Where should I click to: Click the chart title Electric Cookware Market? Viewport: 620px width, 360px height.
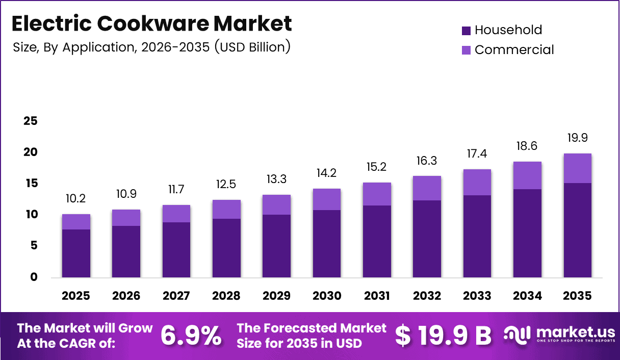[x=151, y=23]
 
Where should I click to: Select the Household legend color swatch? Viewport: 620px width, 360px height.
[x=467, y=31]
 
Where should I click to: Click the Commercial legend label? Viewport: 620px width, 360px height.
[x=514, y=50]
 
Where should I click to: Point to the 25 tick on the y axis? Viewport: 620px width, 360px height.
[x=31, y=121]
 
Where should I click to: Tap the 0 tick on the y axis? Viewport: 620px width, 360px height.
[x=34, y=277]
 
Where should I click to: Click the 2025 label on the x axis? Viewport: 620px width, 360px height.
[x=76, y=296]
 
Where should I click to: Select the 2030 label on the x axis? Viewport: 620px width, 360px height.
[x=326, y=296]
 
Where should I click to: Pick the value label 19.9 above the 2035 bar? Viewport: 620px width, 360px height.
[x=578, y=138]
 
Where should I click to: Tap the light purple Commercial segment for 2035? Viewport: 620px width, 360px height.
[x=578, y=168]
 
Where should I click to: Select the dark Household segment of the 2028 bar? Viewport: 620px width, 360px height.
[x=226, y=248]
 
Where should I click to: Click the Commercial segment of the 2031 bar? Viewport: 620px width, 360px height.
[x=377, y=194]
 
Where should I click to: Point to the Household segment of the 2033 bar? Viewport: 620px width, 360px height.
[x=477, y=236]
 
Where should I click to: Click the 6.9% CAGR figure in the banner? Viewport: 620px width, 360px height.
[x=191, y=336]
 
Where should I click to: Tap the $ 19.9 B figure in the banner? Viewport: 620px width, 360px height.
[x=443, y=336]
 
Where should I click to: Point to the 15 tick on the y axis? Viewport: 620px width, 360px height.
[x=31, y=183]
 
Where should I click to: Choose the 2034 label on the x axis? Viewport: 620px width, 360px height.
[x=527, y=296]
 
